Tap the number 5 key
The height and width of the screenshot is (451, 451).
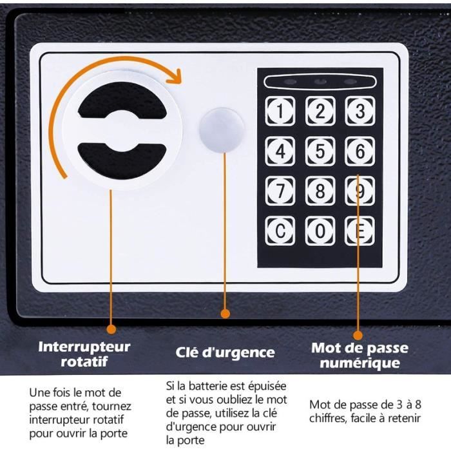[320, 151]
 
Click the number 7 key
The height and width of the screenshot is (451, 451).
[280, 191]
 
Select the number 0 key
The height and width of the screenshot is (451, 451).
[320, 231]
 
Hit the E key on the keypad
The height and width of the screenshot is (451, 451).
[360, 231]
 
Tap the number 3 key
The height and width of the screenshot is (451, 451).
[360, 111]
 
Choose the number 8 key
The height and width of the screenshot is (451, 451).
[320, 191]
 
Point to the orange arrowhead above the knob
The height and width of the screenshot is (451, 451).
[175, 77]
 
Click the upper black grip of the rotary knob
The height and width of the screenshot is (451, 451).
[122, 100]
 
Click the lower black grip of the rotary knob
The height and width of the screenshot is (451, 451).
[122, 162]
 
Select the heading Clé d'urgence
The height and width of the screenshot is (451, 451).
[225, 352]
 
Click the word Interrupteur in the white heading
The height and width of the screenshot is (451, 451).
[84, 347]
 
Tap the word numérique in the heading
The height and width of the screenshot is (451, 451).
[360, 363]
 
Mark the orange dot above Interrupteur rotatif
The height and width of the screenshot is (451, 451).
[111, 329]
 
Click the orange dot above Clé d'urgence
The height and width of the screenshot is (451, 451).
[225, 314]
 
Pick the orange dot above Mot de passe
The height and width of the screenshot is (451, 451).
[358, 335]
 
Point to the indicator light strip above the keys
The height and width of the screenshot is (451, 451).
[320, 82]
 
